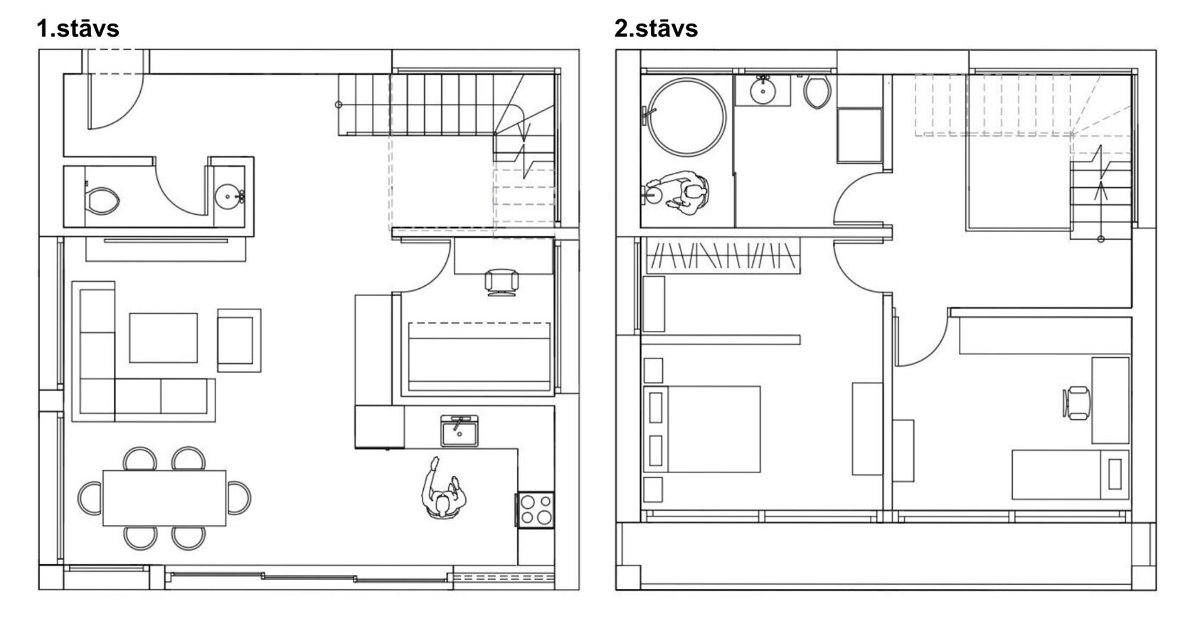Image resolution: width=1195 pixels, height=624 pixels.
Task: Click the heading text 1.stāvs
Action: [78, 28]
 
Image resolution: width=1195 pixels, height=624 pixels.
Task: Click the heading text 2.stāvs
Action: [656, 28]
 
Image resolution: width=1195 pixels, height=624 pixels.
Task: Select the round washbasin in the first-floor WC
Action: [229, 196]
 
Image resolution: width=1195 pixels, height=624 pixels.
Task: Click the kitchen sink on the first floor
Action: [460, 430]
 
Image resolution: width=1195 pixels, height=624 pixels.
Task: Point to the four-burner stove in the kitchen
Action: [536, 509]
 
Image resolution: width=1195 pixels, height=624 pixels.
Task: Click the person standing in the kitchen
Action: [442, 488]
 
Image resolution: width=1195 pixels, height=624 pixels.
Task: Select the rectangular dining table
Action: [164, 497]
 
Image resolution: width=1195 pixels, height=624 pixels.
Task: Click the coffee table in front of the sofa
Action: [164, 338]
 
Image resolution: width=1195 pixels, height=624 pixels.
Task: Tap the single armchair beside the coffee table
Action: [239, 340]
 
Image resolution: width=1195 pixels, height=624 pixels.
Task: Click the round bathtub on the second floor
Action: [686, 117]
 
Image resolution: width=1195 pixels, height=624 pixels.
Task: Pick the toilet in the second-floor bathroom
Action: [817, 92]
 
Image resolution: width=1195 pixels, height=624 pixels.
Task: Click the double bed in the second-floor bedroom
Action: [702, 429]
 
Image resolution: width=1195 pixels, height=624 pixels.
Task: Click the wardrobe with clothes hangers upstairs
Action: [723, 255]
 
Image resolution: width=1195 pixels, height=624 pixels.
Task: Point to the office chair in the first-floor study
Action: [501, 282]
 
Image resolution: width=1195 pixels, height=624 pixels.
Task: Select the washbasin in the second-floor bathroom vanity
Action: [763, 91]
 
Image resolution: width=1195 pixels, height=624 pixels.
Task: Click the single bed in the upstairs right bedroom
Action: [1070, 475]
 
